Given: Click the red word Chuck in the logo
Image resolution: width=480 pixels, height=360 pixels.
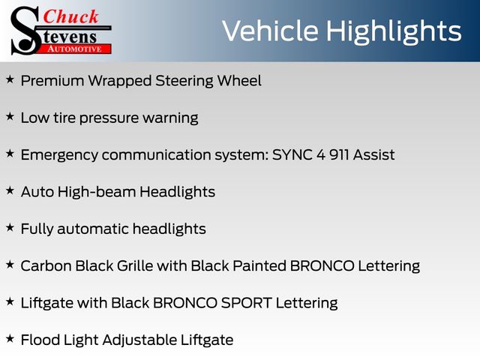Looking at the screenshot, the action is click(x=70, y=16).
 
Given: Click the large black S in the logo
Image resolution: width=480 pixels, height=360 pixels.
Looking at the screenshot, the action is click(x=25, y=31).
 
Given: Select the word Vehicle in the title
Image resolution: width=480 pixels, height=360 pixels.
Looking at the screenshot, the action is click(x=270, y=31).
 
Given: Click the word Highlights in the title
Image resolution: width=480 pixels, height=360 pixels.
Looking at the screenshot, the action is click(x=394, y=32).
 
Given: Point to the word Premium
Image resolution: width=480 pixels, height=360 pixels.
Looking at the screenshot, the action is click(x=52, y=81).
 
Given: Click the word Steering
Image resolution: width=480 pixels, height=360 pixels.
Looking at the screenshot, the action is click(x=184, y=82).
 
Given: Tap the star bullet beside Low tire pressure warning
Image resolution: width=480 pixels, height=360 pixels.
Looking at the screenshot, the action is click(x=10, y=116).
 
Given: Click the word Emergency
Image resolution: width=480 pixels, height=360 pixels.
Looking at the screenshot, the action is click(x=59, y=155).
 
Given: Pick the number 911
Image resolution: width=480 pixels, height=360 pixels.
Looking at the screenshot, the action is click(x=339, y=154).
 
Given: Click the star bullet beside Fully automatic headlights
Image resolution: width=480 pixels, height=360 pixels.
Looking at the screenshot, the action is click(x=10, y=227).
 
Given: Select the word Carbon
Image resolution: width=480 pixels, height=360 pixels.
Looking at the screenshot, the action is click(x=46, y=265).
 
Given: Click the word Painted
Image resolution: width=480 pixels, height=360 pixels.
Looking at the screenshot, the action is click(x=259, y=265).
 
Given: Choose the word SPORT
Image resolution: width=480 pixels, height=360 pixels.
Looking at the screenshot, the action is click(x=247, y=303).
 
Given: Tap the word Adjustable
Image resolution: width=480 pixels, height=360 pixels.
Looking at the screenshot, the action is click(x=139, y=340).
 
